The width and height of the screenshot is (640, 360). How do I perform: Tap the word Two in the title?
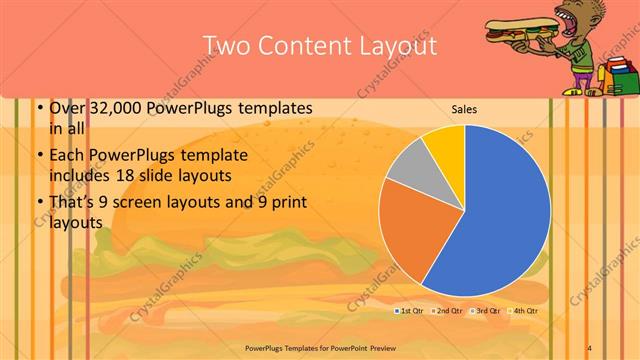[227, 46]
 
